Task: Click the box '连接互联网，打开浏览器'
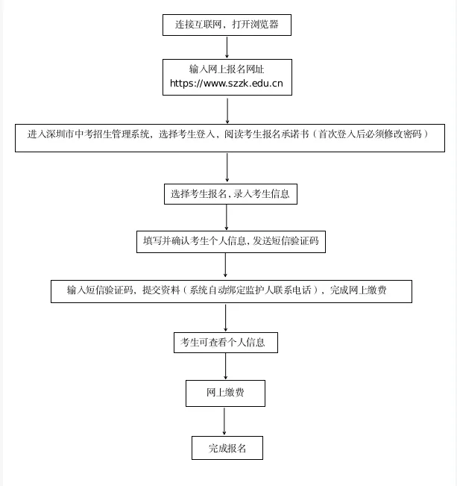[x=227, y=25]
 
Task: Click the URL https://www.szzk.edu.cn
[x=227, y=84]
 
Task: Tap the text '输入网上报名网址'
[x=227, y=69]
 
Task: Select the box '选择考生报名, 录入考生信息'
[x=230, y=194]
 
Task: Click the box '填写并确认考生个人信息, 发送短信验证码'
[x=230, y=241]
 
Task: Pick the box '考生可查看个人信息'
[x=225, y=343]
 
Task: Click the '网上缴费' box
[x=225, y=393]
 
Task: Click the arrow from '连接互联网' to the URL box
[x=227, y=46]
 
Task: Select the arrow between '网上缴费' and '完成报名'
[x=224, y=421]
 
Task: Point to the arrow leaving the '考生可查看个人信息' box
[x=225, y=367]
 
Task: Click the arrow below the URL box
[x=227, y=110]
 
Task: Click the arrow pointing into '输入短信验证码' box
[x=225, y=266]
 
